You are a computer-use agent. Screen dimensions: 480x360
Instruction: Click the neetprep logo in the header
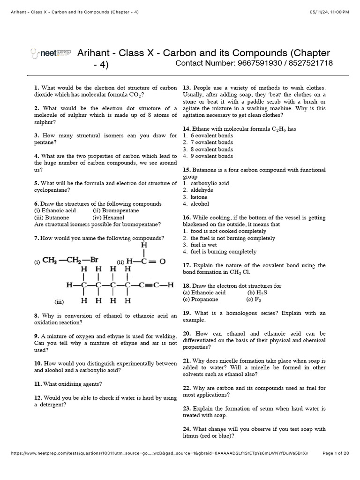pos(50,53)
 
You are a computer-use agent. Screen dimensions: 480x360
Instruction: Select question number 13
pos(186,88)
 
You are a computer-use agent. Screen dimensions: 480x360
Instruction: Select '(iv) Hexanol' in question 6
pos(109,217)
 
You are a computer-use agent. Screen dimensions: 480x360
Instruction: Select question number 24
pos(186,429)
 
